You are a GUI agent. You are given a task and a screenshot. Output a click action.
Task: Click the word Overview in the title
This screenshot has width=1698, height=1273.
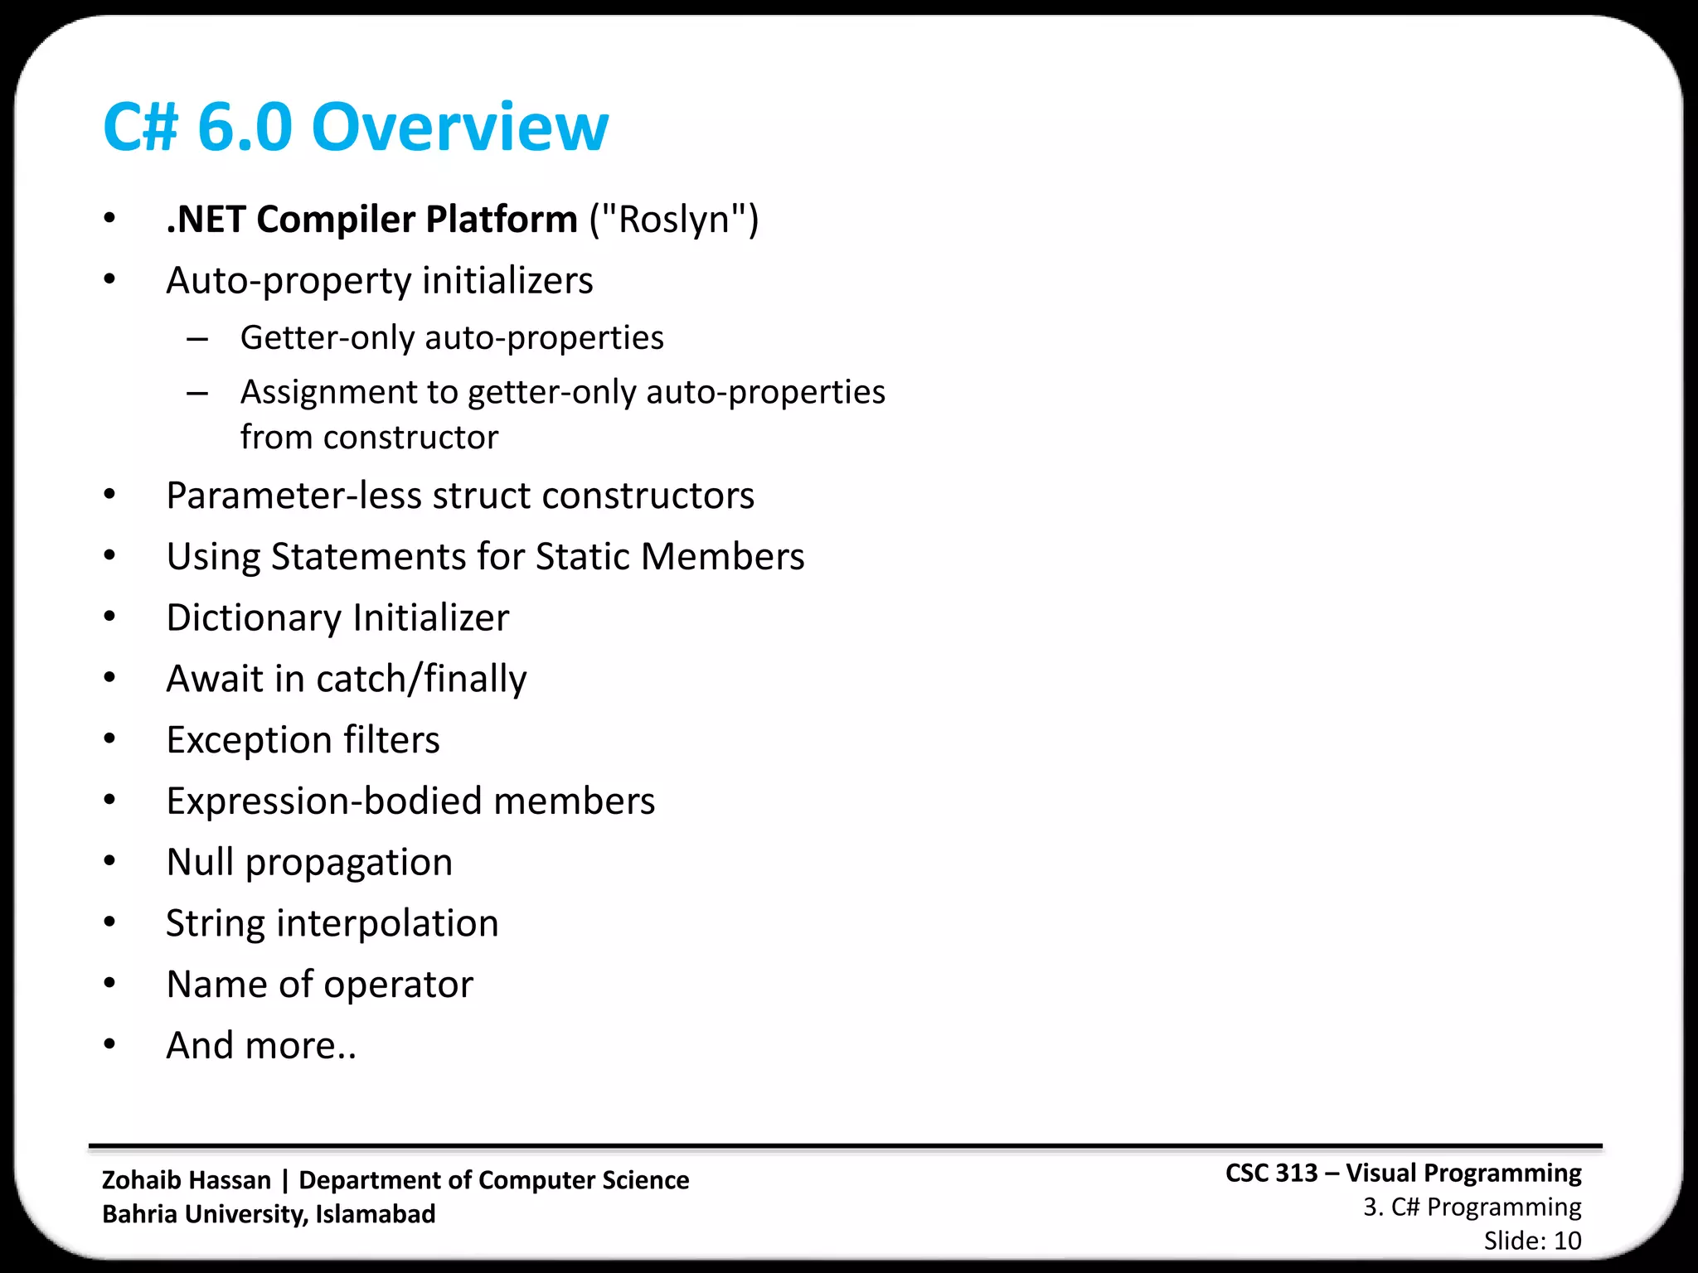(459, 128)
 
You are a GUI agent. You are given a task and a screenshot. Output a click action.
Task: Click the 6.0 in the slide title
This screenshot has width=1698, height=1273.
(245, 128)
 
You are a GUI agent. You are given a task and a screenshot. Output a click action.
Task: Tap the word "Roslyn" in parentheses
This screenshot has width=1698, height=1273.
(673, 220)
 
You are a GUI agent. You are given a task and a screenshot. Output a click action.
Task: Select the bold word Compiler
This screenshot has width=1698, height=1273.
(336, 220)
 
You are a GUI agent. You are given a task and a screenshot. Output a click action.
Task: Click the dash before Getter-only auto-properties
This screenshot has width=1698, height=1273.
(197, 339)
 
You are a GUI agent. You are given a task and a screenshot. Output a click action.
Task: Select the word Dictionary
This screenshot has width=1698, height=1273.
(254, 618)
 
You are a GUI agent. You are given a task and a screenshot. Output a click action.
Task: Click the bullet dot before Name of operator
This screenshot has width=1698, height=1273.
(109, 984)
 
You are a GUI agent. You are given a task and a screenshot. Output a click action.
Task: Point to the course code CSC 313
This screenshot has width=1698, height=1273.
(1271, 1174)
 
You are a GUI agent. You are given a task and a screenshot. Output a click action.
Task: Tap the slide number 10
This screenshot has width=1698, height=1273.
(1567, 1241)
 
